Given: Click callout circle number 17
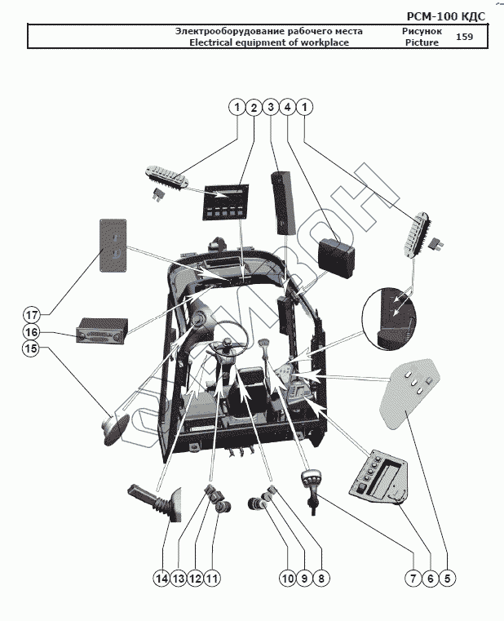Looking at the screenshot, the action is point(31,315).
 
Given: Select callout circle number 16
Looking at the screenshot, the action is point(31,332).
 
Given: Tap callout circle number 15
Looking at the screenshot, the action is point(31,349).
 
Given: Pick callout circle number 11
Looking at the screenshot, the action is point(212,578).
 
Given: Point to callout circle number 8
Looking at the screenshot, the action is point(321,578).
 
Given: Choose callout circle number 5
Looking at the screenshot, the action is point(447,578).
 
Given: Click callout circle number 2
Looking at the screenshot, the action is point(253,107).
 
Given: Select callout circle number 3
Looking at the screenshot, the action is point(270,107).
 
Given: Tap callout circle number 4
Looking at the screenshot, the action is point(287,107).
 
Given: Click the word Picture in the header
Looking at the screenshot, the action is point(422,42).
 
